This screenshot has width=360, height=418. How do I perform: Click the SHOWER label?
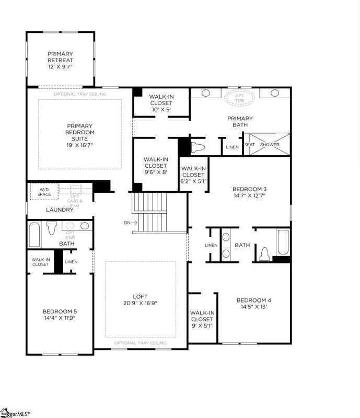270,145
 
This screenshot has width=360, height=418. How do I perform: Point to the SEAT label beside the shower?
250,145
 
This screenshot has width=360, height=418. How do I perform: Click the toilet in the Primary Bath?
198,147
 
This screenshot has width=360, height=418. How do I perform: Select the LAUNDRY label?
60,210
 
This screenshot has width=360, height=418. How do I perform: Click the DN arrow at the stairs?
130,223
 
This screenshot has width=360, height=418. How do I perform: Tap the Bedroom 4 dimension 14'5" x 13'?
254,307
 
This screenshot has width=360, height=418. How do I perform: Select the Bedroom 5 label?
60,311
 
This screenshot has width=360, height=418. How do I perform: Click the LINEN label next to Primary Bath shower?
232,147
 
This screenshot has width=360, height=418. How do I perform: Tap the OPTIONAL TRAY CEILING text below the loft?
140,343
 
